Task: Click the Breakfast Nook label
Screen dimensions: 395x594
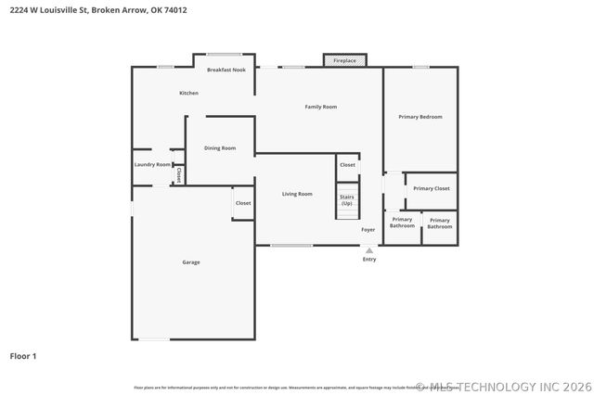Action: [x=226, y=70]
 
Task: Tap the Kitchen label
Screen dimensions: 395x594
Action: [x=188, y=93]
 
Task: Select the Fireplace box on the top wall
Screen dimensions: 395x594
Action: [x=344, y=61]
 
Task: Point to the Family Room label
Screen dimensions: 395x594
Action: [x=321, y=107]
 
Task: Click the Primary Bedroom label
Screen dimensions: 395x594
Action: [x=420, y=117]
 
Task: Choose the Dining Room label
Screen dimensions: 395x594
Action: [x=220, y=147]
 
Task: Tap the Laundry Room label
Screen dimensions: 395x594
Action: [x=152, y=164]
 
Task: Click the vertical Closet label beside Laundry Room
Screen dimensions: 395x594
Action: [x=178, y=173]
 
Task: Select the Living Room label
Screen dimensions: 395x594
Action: [x=297, y=194]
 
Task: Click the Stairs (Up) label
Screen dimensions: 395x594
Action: [x=346, y=199]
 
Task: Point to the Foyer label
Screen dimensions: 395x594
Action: [x=368, y=229]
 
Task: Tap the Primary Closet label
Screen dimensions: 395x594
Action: [x=432, y=188]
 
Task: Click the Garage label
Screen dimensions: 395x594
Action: [x=191, y=262]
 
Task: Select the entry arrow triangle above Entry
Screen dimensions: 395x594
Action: [x=369, y=250]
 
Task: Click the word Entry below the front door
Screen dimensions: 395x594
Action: [x=369, y=260]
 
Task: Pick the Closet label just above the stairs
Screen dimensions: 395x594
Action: [x=347, y=164]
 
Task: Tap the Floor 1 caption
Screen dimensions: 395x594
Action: [x=23, y=355]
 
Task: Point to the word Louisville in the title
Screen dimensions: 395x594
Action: [x=64, y=11]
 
